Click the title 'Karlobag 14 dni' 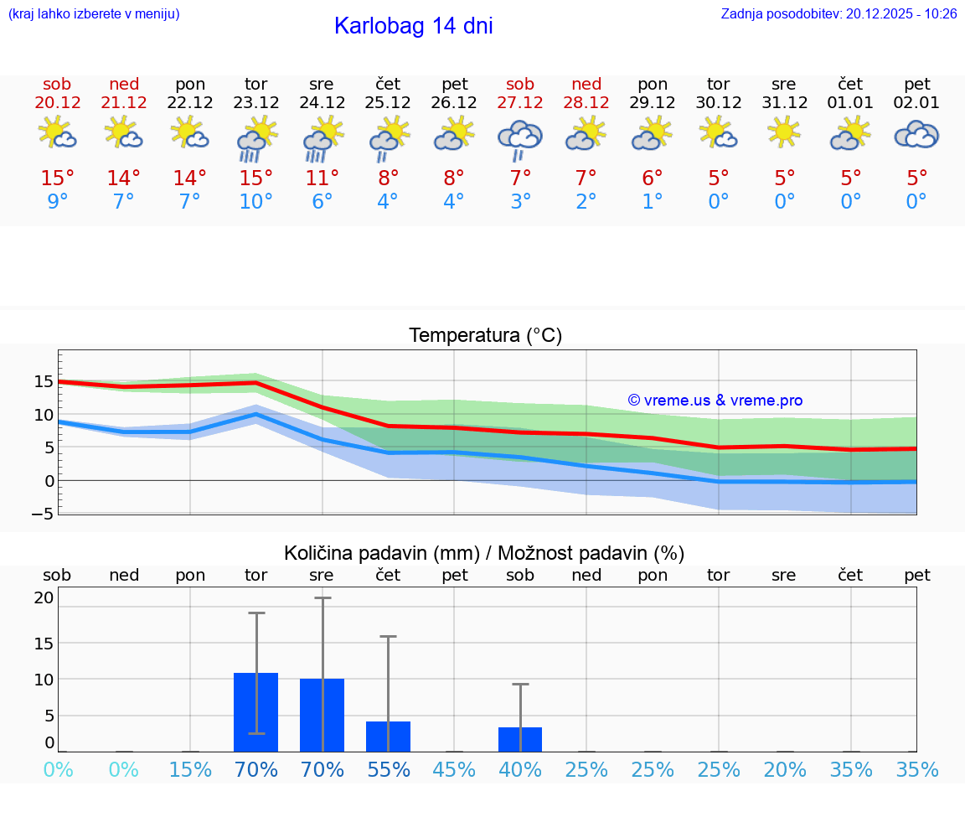click(413, 26)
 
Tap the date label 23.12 click(255, 103)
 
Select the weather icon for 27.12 click(520, 138)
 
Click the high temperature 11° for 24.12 click(322, 178)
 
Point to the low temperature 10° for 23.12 click(255, 202)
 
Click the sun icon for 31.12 click(784, 132)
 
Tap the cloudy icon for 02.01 click(916, 134)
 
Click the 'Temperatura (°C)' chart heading click(485, 336)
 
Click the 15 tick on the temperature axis click(44, 381)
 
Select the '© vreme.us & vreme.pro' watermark click(715, 401)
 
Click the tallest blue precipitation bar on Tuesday click(255, 712)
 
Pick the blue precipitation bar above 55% click(388, 736)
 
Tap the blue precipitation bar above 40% click(520, 739)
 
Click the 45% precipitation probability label click(454, 770)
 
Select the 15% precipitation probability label click(190, 770)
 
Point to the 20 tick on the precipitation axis click(44, 597)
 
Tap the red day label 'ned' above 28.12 click(586, 85)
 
